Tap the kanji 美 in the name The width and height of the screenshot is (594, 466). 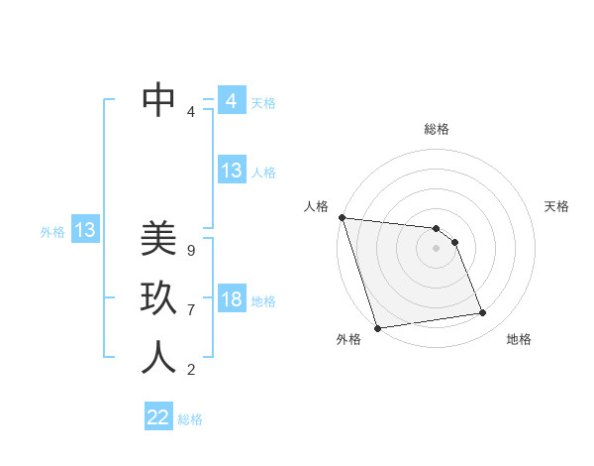tap(158, 239)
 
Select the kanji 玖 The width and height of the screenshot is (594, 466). tap(158, 297)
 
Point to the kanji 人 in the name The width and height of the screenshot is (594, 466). tap(158, 357)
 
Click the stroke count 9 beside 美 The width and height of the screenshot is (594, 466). tap(190, 251)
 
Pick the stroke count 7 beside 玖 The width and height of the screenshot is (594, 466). tap(190, 310)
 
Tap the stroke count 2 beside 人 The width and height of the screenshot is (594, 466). tap(190, 370)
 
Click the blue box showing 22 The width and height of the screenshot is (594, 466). tap(158, 417)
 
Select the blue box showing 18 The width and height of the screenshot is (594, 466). tap(232, 300)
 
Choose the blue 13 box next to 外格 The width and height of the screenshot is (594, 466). tap(85, 231)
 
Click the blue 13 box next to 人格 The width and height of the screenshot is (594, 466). tap(232, 171)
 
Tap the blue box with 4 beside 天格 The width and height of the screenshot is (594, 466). tap(232, 101)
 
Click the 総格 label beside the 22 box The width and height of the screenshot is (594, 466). tap(190, 419)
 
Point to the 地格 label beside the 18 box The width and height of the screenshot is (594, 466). tap(263, 301)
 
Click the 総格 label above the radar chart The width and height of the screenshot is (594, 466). tap(436, 129)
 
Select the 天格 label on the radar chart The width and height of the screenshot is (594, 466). tap(556, 206)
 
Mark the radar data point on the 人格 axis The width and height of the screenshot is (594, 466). tap(342, 217)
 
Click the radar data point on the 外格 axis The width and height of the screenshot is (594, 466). tap(377, 328)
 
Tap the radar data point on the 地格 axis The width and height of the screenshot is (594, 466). tap(483, 313)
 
